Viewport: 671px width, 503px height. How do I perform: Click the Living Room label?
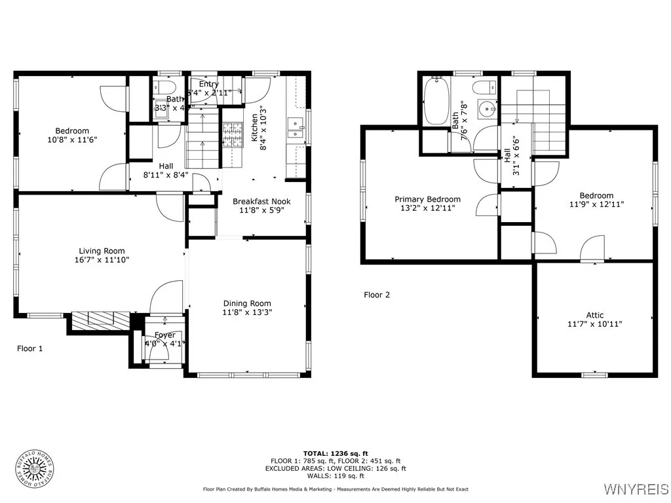(102, 251)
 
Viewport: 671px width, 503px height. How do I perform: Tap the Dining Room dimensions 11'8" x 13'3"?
(247, 312)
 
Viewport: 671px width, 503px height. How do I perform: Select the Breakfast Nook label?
(261, 201)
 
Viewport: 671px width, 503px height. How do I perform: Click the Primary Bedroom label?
(427, 199)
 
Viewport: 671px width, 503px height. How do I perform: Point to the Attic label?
(595, 315)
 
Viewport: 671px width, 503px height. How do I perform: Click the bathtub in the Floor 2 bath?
(435, 101)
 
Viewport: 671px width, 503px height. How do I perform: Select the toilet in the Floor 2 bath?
(487, 87)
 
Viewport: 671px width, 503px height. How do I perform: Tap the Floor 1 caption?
(29, 348)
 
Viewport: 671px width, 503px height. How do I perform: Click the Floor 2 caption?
(377, 295)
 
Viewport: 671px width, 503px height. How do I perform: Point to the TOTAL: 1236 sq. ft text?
(335, 453)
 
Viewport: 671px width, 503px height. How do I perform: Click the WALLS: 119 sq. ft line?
(335, 476)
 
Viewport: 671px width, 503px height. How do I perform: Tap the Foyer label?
(164, 335)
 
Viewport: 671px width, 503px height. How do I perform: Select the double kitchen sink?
(294, 128)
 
